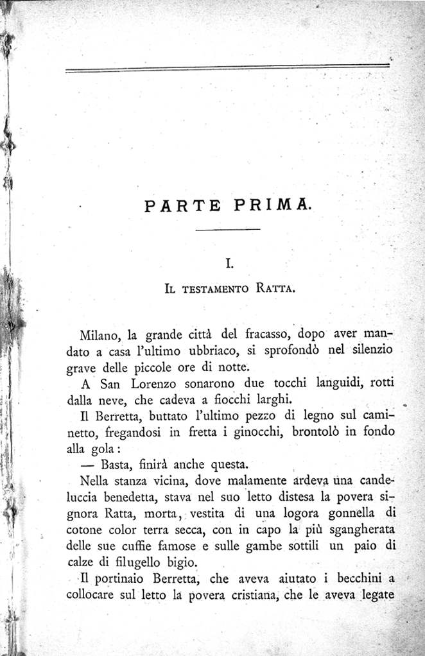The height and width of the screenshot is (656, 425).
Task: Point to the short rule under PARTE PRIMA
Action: click(227, 230)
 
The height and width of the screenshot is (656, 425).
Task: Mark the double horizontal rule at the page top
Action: click(227, 67)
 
